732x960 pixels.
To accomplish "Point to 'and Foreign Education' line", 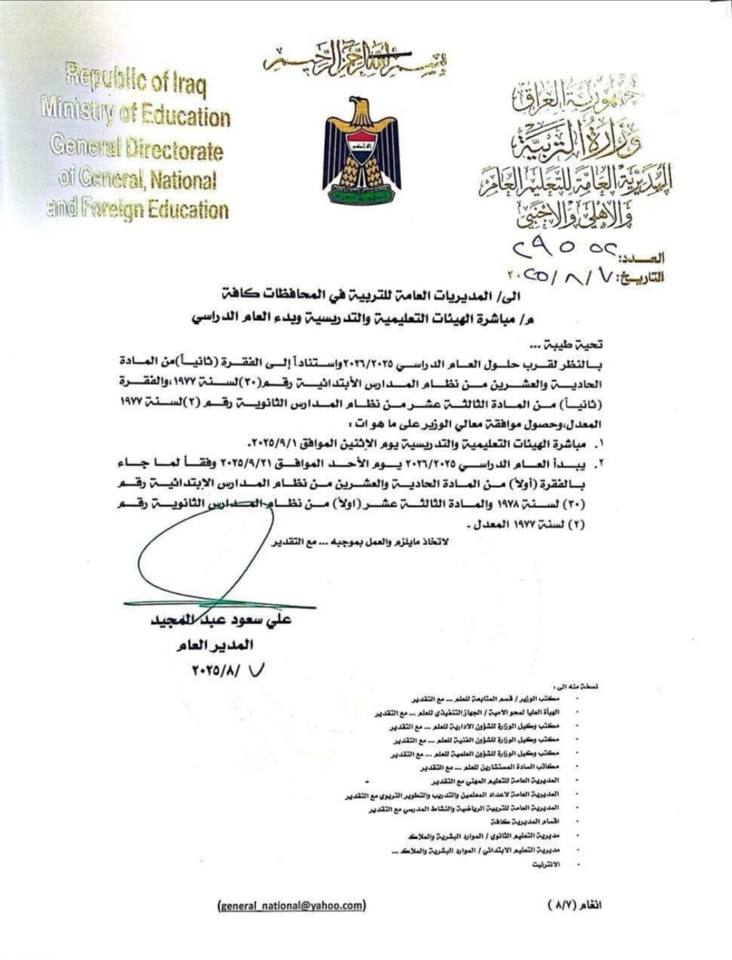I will coord(137,208).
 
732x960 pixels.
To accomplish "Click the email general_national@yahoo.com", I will coord(291,905).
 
